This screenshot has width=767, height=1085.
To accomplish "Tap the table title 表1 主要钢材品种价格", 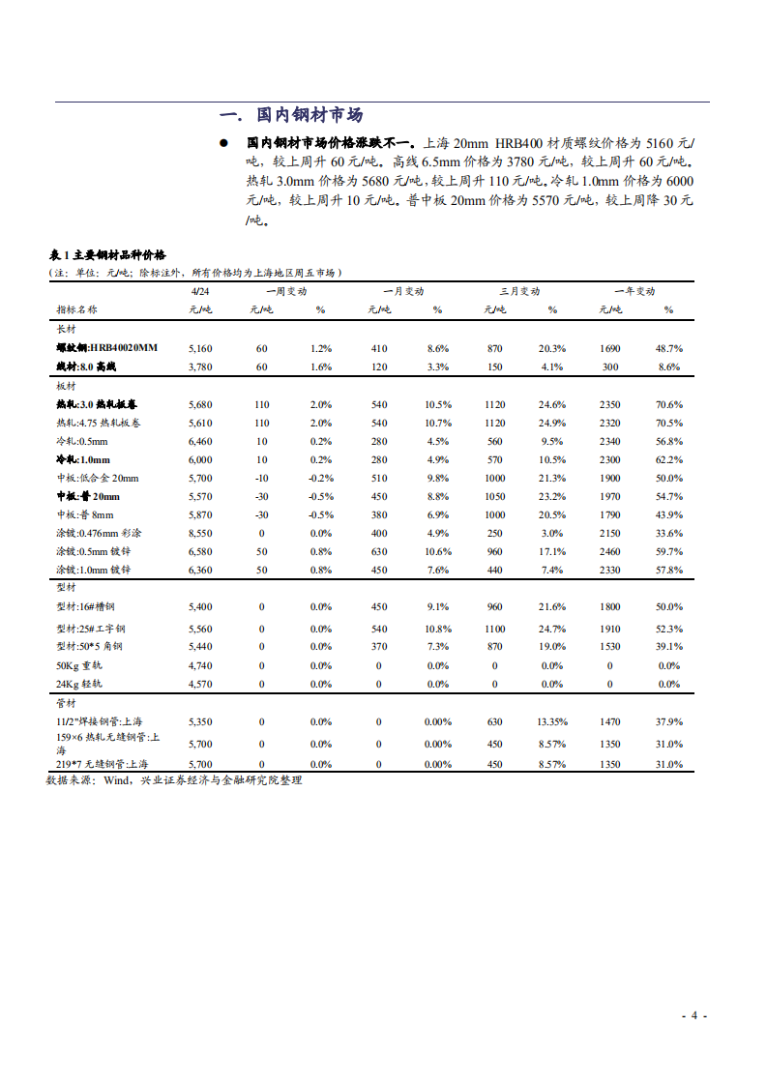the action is pyautogui.click(x=107, y=256).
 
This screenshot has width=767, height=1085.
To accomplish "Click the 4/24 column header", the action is pyautogui.click(x=200, y=291).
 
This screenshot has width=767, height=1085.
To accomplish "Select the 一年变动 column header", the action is pyautogui.click(x=634, y=291).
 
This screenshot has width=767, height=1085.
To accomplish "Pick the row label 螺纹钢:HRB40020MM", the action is pyautogui.click(x=106, y=348).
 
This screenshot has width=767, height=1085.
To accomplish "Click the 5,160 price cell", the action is pyautogui.click(x=200, y=348).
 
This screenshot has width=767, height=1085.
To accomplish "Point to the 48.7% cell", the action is pyautogui.click(x=669, y=348).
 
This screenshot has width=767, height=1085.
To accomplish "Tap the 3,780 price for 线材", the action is pyautogui.click(x=200, y=367).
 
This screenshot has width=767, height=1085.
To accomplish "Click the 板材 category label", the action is pyautogui.click(x=67, y=386).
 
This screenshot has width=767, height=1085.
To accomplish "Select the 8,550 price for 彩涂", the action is pyautogui.click(x=200, y=533).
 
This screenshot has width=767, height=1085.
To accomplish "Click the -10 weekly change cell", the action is pyautogui.click(x=261, y=478).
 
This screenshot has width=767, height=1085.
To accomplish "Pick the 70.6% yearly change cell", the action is pyautogui.click(x=669, y=405).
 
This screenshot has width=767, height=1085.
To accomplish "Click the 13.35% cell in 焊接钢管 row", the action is pyautogui.click(x=552, y=721).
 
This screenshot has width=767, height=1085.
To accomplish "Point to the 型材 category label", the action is pyautogui.click(x=67, y=587).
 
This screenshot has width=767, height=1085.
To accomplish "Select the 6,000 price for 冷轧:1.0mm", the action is pyautogui.click(x=200, y=460).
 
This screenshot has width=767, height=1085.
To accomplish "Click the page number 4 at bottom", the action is pyautogui.click(x=693, y=1015).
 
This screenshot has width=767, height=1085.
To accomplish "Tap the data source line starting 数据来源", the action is pyautogui.click(x=174, y=779).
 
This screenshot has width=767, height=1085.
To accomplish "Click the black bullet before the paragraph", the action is pyautogui.click(x=223, y=143).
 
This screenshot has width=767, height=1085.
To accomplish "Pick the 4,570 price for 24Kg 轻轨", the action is pyautogui.click(x=200, y=684).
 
